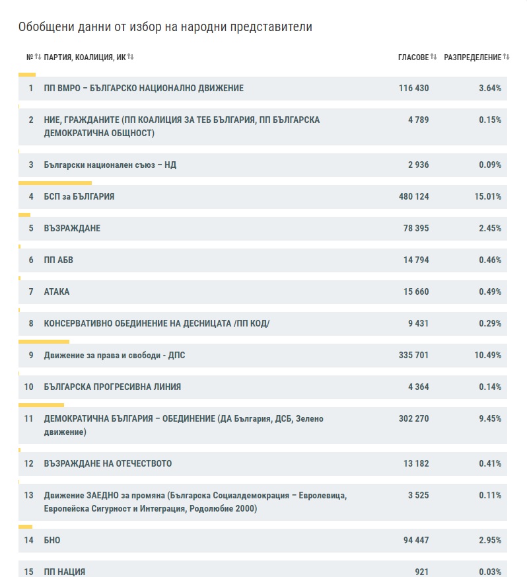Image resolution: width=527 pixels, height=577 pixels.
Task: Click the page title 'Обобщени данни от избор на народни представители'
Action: (165, 27)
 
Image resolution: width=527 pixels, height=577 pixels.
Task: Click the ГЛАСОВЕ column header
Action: (413, 58)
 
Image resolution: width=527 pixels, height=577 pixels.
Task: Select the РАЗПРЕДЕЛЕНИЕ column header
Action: (472, 58)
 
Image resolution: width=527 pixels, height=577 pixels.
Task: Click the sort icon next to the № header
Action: (38, 58)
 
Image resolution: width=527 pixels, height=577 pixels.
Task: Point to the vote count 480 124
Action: (413, 196)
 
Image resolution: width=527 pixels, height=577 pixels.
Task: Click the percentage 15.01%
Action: (489, 196)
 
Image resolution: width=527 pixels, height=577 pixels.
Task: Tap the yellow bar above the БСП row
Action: (55, 182)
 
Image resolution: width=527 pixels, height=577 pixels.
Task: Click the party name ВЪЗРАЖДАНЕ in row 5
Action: (72, 228)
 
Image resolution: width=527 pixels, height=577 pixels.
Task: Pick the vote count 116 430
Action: (413, 88)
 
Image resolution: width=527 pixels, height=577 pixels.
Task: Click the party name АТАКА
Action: (56, 291)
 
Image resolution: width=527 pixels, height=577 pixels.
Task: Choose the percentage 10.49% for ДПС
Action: (489, 355)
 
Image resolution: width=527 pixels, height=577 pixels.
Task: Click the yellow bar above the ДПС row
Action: (44, 341)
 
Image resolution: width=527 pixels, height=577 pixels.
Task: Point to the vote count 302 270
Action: (413, 418)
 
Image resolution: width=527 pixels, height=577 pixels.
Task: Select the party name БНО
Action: (52, 540)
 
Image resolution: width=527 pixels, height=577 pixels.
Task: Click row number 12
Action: (28, 463)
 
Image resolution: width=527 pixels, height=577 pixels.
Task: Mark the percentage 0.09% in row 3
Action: (491, 165)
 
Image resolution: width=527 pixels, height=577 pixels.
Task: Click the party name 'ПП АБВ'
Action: (58, 260)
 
